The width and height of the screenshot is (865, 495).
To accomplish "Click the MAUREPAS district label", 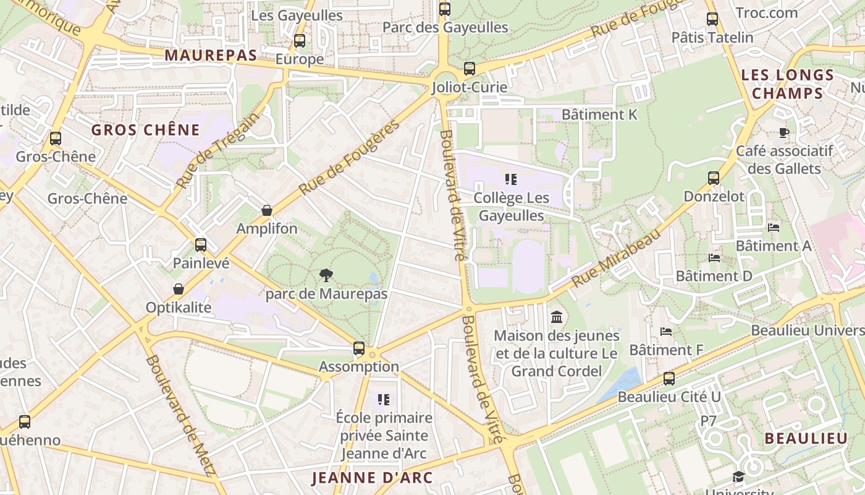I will coord(211,55).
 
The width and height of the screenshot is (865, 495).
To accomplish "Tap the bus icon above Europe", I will coord(300,41).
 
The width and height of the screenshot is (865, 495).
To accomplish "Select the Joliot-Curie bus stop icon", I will coord(470,69).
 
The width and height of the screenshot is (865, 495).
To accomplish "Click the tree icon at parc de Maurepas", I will coord(326,275).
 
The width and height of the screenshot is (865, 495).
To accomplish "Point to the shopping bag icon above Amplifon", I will coord(267,210).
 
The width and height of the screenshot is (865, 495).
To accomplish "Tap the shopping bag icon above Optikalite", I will coord(179,289).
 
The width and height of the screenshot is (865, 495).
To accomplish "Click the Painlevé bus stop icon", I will coord(201,244).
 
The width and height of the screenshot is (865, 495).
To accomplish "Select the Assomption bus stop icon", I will coord(359,348).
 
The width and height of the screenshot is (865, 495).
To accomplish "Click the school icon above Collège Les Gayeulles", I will coord(510,179).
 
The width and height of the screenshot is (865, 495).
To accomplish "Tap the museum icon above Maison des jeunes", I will coord(556,317).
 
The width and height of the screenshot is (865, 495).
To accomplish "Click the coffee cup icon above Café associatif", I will coord(783,132).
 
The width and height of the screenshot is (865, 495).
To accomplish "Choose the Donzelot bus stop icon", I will coord(714,178).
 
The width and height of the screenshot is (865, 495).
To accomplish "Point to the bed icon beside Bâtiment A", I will coord(773,228).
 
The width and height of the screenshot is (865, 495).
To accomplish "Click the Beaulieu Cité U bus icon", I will coord(669,378).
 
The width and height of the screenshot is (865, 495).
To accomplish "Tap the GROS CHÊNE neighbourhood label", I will coord(146,130).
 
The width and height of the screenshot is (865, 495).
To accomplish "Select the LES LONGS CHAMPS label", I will coord(787,84).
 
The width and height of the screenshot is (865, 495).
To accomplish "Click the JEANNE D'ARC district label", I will coord(372,478).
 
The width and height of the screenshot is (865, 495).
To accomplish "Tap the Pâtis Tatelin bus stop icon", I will coord(712,19).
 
